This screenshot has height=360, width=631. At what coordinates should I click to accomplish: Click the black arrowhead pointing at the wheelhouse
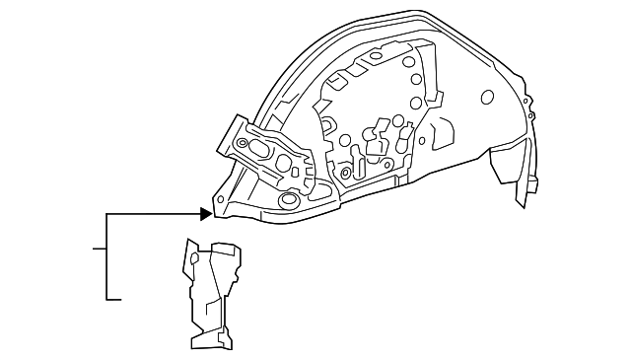click(205, 213)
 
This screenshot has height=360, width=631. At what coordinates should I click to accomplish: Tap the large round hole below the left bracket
click(289, 201)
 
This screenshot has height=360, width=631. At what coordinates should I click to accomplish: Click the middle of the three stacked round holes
click(417, 79)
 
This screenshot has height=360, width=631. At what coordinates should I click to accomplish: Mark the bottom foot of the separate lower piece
click(209, 339)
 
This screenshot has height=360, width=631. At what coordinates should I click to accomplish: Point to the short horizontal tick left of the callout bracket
click(100, 249)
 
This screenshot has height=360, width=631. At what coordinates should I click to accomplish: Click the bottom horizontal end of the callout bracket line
click(114, 298)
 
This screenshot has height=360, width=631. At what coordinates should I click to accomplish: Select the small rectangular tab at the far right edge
click(533, 184)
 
